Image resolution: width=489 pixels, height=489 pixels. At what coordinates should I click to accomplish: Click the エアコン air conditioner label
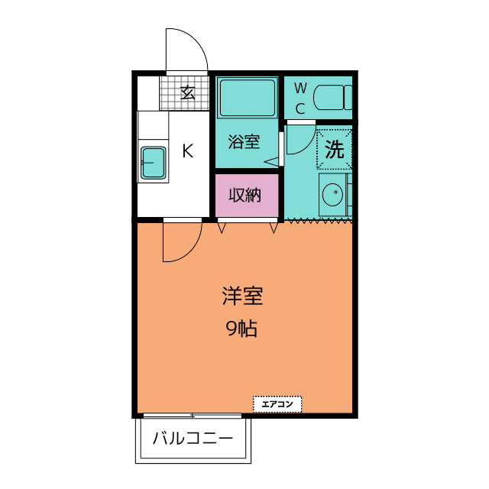277,404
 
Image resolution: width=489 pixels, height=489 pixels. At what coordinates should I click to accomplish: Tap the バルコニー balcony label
193,439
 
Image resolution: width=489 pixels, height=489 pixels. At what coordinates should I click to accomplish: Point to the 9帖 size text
241,329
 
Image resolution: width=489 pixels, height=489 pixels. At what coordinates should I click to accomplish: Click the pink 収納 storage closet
245,195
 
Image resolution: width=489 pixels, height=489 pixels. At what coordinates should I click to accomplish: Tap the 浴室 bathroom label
244,142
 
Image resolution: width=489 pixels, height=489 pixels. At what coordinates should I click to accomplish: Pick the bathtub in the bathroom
246,97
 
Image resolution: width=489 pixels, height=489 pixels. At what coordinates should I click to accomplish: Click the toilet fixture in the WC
332,98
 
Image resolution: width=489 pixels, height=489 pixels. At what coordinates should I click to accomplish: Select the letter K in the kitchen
186,151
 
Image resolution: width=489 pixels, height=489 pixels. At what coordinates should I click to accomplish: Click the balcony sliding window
192,416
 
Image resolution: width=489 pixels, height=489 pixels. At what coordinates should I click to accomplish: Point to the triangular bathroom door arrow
270,161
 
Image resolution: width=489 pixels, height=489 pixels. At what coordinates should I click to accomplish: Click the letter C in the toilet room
300,108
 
